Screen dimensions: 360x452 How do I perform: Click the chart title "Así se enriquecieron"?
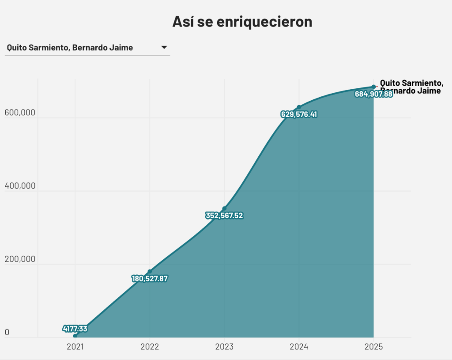(x=242, y=21)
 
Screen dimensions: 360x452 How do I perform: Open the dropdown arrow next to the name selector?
(x=164, y=47)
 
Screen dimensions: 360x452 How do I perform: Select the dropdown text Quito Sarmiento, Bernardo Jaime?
(x=70, y=48)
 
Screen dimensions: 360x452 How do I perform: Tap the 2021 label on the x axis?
(x=75, y=347)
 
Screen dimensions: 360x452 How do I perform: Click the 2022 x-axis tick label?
(x=150, y=347)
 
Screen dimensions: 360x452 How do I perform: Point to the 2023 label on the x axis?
(x=224, y=347)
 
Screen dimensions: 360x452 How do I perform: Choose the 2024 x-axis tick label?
(x=299, y=347)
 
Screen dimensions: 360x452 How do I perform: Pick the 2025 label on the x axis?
(x=373, y=347)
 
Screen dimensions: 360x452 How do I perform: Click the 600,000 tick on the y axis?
(x=19, y=113)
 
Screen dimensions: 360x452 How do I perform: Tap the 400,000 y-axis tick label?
(x=19, y=186)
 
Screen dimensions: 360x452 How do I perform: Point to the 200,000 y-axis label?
(x=19, y=259)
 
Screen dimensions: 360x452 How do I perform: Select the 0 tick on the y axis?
(x=7, y=333)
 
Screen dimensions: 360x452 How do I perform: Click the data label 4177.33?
(x=75, y=329)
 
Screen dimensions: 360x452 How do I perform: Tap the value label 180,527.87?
(x=150, y=279)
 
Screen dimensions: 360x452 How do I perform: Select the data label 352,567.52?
(x=224, y=216)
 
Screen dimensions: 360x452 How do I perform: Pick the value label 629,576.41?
(x=299, y=114)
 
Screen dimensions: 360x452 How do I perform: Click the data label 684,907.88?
(x=373, y=94)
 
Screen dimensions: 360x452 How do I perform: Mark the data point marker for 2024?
(x=299, y=107)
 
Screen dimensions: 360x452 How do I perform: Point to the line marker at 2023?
(x=224, y=208)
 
